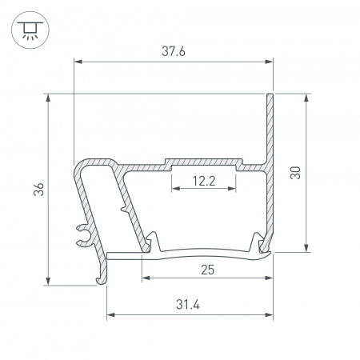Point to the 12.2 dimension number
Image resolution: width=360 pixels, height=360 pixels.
(x=204, y=181)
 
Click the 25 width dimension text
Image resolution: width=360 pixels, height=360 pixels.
(x=207, y=270)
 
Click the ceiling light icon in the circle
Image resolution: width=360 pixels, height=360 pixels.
(x=30, y=29)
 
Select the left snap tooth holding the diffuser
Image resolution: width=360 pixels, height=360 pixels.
(x=153, y=242)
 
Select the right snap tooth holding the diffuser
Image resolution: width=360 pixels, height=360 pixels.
(x=258, y=242)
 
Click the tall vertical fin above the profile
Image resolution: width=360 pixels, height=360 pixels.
(x=270, y=128)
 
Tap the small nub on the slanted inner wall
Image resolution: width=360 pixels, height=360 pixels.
(x=122, y=209)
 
